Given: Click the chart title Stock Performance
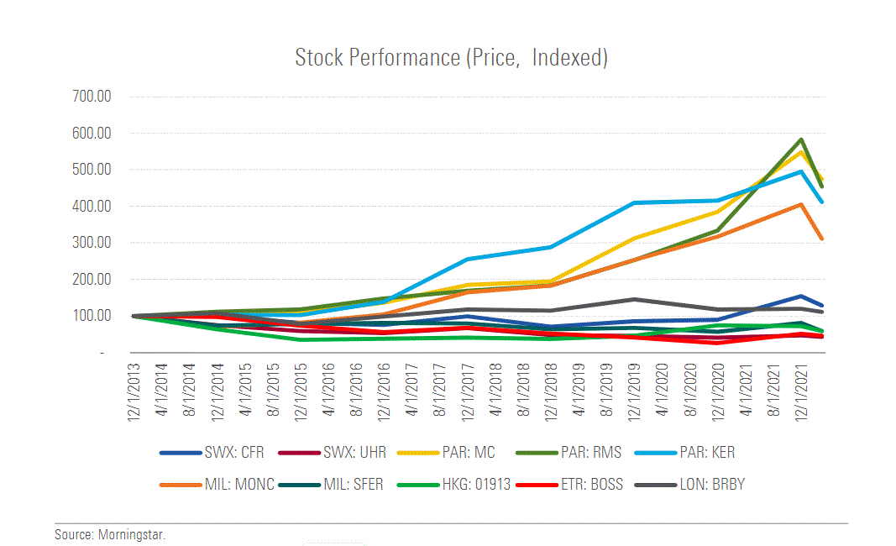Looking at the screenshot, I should coord(451,58).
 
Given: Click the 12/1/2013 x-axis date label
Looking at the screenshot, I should coord(133,391).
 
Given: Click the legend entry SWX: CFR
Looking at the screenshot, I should coord(234,453).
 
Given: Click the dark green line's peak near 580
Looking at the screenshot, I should coord(802,139).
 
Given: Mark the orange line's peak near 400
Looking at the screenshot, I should coord(802,204).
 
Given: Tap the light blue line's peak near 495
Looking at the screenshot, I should coord(802,171).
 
